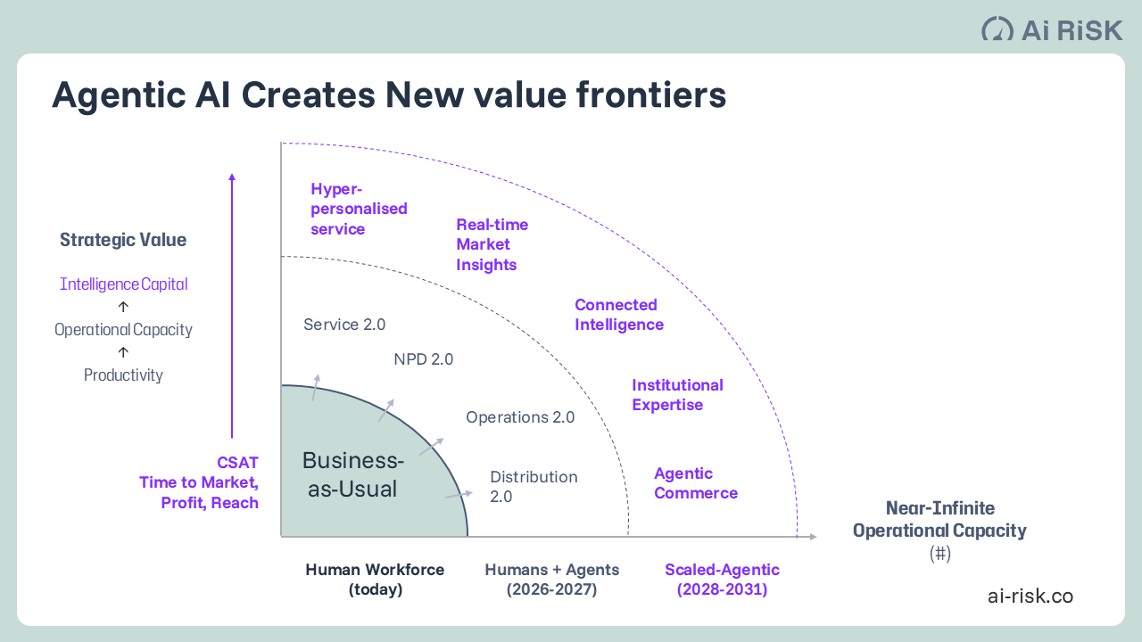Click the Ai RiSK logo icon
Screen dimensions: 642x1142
997,29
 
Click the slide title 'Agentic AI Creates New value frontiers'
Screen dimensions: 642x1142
389,95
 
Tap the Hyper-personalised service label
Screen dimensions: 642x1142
359,209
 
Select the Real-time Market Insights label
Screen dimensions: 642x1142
492,244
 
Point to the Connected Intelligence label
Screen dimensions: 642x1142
618,315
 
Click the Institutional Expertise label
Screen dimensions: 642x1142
677,395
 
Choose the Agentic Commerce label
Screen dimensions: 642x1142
695,483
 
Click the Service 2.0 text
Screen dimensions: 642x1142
344,325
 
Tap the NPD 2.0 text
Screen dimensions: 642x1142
423,359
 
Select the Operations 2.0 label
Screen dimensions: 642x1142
520,417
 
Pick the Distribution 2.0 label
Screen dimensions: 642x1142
534,487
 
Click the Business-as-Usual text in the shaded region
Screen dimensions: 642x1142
352,474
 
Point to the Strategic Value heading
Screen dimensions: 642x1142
123,240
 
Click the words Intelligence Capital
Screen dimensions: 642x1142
123,284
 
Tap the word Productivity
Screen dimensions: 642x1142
123,375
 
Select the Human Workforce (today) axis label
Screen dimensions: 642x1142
375,580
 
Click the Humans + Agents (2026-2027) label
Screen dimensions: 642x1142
551,580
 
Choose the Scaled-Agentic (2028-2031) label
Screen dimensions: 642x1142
722,580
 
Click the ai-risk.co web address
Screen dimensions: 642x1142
1030,597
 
